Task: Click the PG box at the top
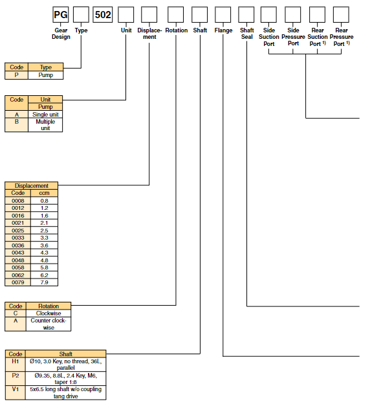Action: [61, 14]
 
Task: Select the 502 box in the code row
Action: [103, 14]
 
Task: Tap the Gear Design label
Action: [61, 34]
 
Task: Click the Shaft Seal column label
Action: [247, 34]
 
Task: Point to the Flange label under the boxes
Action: [223, 30]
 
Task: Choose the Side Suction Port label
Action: [269, 37]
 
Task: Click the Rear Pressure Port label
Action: [342, 37]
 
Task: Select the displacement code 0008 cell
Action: [18, 200]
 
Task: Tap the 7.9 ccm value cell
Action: [44, 282]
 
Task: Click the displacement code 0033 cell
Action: [18, 237]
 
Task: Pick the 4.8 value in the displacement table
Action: [44, 260]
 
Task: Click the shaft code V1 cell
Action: [15, 392]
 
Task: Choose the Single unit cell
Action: [45, 115]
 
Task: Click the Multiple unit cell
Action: [45, 125]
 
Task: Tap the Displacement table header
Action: [31, 185]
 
